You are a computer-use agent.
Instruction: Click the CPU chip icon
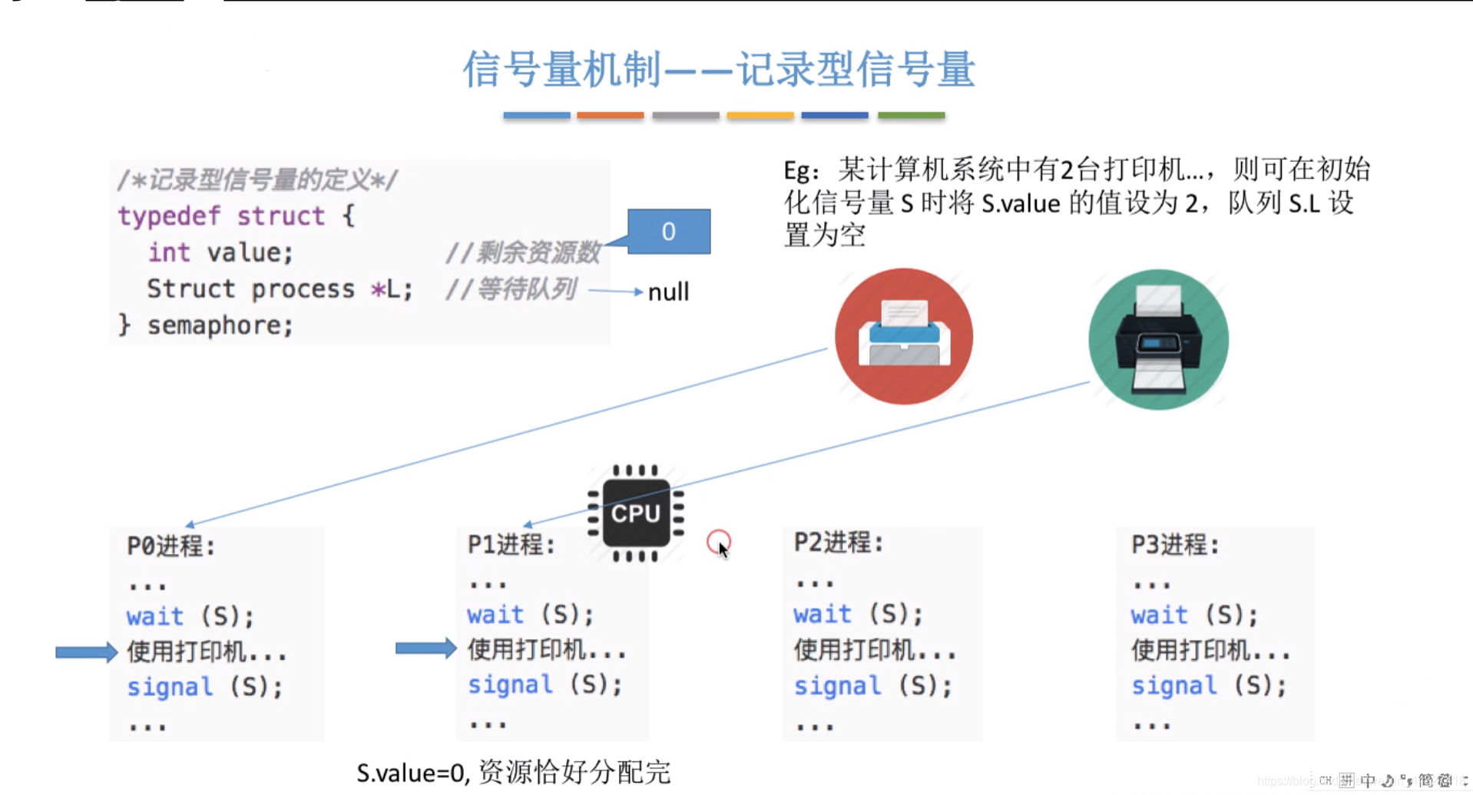point(635,513)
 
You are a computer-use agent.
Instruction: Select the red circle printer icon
point(904,336)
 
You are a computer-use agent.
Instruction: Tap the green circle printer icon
point(1158,339)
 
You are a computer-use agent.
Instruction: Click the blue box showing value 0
point(668,231)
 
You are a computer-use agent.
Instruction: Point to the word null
point(668,292)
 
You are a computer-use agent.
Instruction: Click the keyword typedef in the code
point(169,216)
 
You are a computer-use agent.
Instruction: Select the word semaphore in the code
point(220,325)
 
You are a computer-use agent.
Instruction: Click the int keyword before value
point(169,252)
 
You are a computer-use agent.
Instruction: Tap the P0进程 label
point(170,546)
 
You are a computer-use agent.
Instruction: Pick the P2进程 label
point(838,543)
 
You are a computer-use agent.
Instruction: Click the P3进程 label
point(1174,544)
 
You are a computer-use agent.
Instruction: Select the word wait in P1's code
point(495,614)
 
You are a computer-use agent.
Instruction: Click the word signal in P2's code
point(837,685)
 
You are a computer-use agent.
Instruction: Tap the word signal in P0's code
point(170,686)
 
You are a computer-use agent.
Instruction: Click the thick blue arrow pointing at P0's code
point(86,652)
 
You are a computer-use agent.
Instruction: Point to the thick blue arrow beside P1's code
point(425,648)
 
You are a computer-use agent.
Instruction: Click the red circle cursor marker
point(718,542)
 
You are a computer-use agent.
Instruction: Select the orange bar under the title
point(611,115)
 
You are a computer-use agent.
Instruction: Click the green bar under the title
point(911,115)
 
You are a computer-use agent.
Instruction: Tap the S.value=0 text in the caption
point(412,772)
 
